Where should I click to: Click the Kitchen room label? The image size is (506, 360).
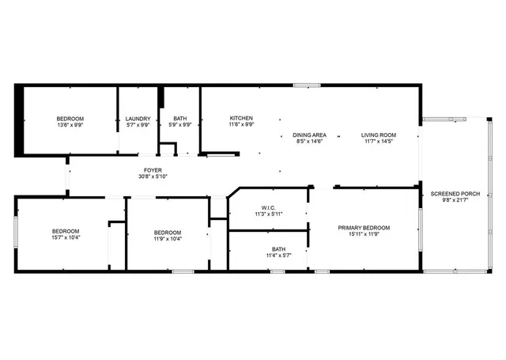click(241, 118)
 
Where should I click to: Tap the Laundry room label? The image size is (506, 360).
click(138, 119)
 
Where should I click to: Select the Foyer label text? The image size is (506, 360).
click(153, 170)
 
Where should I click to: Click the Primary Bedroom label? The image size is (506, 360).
click(364, 228)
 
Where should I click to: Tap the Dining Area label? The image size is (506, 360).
click(310, 135)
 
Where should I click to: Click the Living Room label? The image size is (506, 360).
click(379, 135)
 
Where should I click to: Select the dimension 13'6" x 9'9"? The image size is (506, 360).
click(70, 125)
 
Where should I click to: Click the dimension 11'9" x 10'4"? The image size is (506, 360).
click(168, 238)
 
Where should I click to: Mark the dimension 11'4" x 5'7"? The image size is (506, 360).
click(279, 255)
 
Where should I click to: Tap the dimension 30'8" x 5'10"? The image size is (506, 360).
click(153, 176)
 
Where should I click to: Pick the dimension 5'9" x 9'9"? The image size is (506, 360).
click(181, 125)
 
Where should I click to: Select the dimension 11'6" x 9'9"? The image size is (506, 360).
click(241, 124)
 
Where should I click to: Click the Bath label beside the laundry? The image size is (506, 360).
click(181, 119)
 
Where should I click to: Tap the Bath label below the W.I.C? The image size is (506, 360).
click(279, 248)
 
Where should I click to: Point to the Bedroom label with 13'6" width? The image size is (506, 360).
click(70, 119)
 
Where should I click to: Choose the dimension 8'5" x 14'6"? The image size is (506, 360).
click(310, 141)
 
